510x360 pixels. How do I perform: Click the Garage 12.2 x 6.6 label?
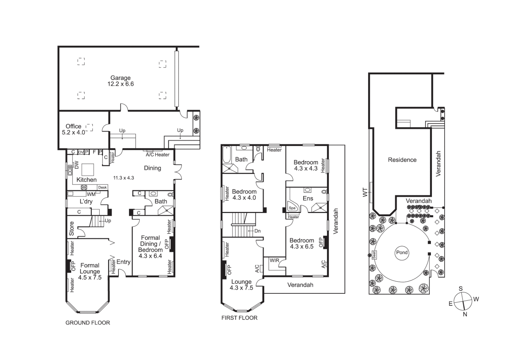pyautogui.click(x=120, y=81)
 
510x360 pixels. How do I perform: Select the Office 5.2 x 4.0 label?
pyautogui.click(x=74, y=129)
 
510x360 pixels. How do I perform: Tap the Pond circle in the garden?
pyautogui.click(x=402, y=252)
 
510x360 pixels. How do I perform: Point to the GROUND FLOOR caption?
pyautogui.click(x=88, y=323)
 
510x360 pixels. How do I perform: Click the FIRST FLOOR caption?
pyautogui.click(x=239, y=318)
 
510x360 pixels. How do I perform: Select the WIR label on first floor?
pyautogui.click(x=275, y=260)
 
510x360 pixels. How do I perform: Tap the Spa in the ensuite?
pyautogui.click(x=292, y=208)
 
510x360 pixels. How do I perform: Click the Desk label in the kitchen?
pyautogui.click(x=102, y=187)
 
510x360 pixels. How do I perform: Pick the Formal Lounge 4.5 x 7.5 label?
pyautogui.click(x=90, y=271)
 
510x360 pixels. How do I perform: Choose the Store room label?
pyautogui.click(x=72, y=229)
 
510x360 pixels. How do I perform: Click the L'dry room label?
pyautogui.click(x=86, y=201)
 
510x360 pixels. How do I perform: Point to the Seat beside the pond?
pyautogui.click(x=374, y=255)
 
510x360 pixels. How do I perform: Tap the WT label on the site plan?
pyautogui.click(x=365, y=192)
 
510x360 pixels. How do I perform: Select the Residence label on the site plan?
pyautogui.click(x=402, y=160)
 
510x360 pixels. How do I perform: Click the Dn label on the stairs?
pyautogui.click(x=257, y=231)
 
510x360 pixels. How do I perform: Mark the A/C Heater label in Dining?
pyautogui.click(x=157, y=155)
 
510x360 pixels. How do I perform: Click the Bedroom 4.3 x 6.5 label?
pyautogui.click(x=302, y=243)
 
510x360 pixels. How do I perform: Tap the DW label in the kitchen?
pyautogui.click(x=76, y=165)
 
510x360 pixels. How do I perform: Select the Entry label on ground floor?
pyautogui.click(x=123, y=262)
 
